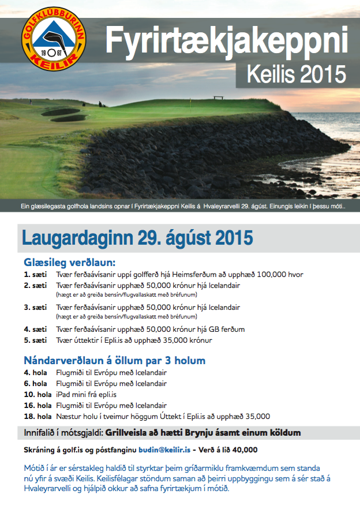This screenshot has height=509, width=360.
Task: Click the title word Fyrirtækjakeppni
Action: [x=227, y=43]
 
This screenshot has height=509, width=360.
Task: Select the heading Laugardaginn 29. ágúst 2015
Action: [x=137, y=237]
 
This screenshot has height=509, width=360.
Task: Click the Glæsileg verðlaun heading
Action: [x=70, y=262]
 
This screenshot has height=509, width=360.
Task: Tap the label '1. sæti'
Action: [x=35, y=274]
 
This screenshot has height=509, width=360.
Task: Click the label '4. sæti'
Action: [x=35, y=329]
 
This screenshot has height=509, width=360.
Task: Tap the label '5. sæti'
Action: [x=35, y=340]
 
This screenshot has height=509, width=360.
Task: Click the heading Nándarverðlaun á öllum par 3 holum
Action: [x=114, y=361]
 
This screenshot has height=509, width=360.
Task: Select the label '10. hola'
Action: [x=37, y=394]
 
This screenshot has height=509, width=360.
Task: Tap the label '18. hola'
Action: [x=37, y=416]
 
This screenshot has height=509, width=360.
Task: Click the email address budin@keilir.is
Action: [x=164, y=450]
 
